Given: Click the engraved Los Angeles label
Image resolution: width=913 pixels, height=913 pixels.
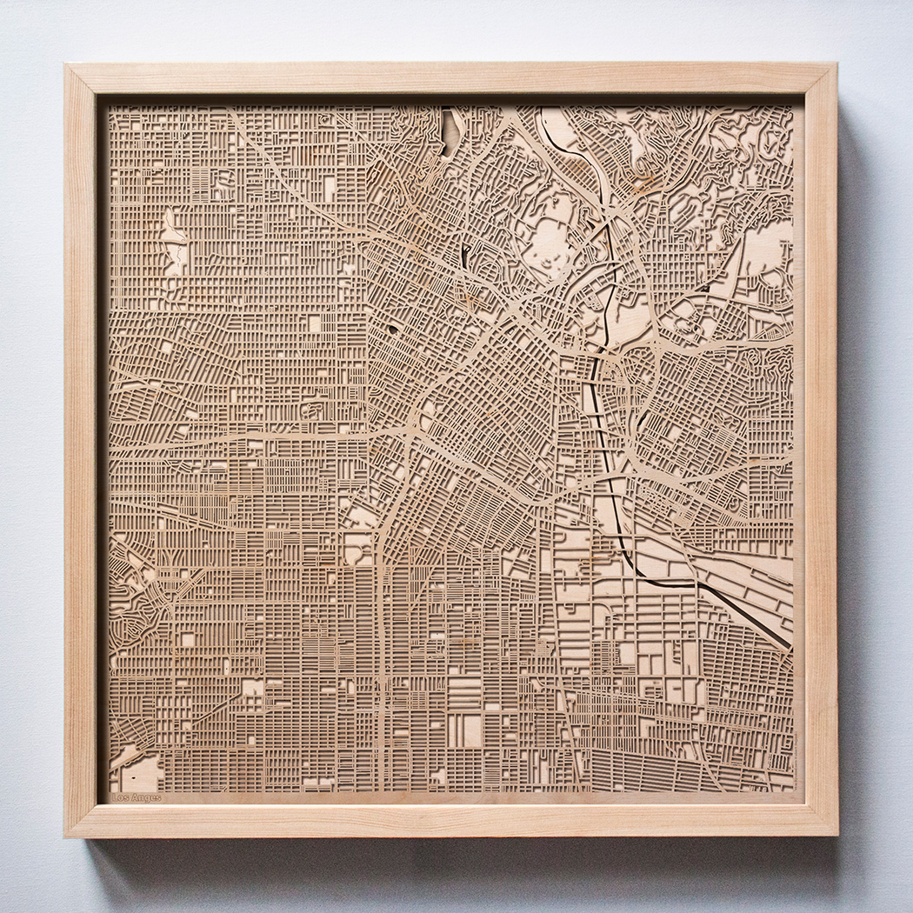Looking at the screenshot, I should pos(137,796).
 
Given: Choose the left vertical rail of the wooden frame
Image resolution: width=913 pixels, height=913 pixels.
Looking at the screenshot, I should pos(83,435).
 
